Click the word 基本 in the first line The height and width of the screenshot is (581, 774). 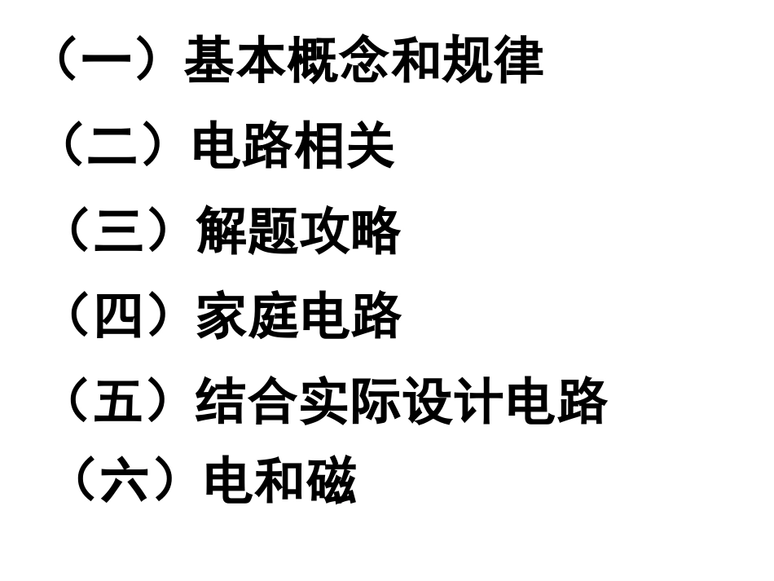(x=235, y=60)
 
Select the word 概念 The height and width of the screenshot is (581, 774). (x=338, y=60)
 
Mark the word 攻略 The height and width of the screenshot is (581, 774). (x=350, y=233)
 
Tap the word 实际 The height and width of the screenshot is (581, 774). (x=350, y=402)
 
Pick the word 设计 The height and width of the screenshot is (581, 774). (x=453, y=402)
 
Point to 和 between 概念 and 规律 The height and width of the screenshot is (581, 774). (x=416, y=60)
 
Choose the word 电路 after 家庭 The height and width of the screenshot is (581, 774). (x=350, y=317)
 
